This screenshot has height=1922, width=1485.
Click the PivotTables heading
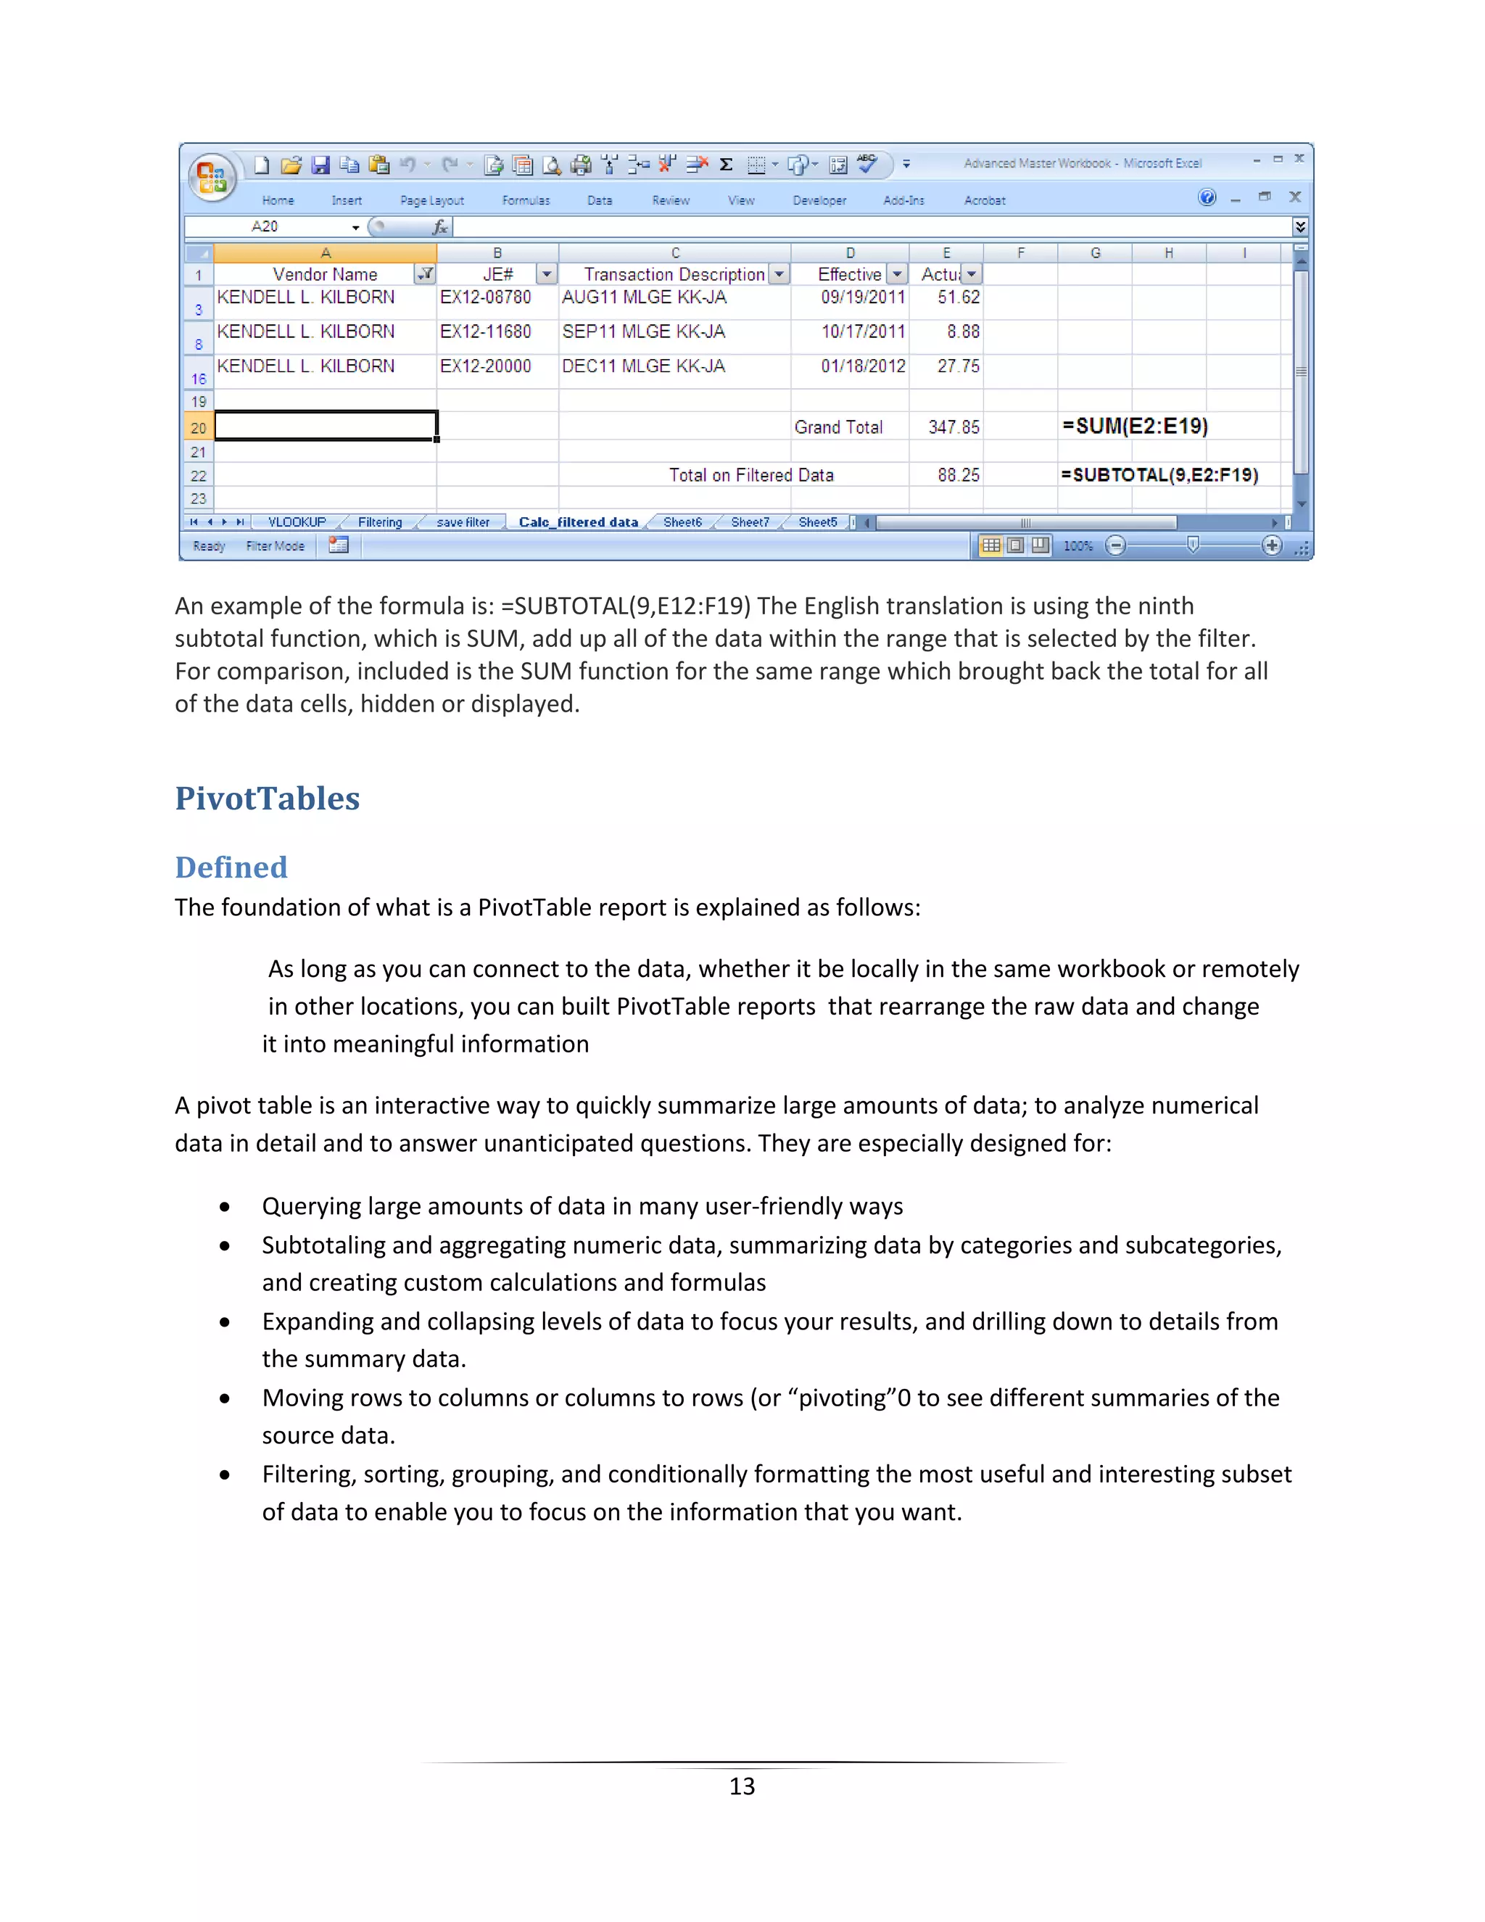[268, 799]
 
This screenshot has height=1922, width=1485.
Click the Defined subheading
[231, 867]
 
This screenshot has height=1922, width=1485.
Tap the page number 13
[742, 1786]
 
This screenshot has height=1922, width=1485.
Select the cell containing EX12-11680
[486, 331]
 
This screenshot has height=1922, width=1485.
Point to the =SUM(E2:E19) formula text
[1135, 426]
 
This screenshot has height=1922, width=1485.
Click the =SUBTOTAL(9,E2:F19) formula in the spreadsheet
[1159, 475]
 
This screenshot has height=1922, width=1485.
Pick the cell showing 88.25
[957, 475]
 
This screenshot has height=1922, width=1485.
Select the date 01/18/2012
[862, 366]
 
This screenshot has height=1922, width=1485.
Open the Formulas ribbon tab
[525, 201]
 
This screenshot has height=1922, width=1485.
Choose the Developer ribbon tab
[819, 201]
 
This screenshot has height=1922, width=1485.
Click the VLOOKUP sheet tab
[297, 522]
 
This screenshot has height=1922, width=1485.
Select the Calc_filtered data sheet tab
[578, 522]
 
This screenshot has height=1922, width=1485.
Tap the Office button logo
[211, 177]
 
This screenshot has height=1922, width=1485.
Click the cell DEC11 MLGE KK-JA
[643, 366]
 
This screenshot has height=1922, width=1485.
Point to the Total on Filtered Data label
[750, 475]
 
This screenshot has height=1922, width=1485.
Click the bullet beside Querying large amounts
[226, 1207]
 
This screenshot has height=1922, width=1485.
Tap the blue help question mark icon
[1207, 197]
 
